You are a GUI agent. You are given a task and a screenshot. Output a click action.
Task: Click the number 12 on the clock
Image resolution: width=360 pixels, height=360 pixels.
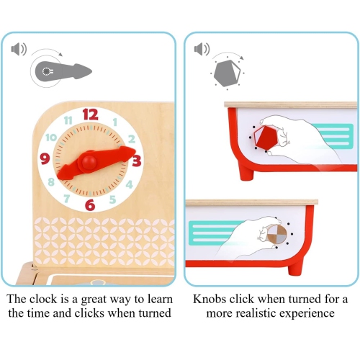91,114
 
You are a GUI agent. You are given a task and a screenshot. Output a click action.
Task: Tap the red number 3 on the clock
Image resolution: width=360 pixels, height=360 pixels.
137,161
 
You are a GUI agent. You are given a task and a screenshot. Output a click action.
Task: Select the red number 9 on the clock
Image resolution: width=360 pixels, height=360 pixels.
45,158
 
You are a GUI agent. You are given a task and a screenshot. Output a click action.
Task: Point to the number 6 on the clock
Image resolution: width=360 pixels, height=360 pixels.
90,205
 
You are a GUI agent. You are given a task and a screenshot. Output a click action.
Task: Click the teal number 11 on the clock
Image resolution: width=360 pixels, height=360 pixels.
68,120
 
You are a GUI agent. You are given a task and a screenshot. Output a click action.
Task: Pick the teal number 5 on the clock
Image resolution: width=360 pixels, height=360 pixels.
112,199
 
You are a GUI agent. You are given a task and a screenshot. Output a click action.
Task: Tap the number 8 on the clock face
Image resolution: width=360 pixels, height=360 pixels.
51,181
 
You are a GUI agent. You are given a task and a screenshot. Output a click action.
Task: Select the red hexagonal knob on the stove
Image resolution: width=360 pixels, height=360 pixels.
266,137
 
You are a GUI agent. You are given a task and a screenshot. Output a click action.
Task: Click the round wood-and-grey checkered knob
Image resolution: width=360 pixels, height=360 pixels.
277,233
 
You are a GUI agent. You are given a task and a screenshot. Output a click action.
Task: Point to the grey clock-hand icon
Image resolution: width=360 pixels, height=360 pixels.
63,71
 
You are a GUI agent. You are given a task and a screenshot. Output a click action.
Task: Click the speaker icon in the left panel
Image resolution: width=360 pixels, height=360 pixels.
19,49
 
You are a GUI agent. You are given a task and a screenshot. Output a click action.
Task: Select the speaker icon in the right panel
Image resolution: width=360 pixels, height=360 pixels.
202,49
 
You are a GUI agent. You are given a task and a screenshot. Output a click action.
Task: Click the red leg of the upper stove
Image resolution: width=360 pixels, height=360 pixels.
247,171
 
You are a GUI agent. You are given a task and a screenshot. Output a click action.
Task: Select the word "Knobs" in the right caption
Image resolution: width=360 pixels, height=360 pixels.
210,299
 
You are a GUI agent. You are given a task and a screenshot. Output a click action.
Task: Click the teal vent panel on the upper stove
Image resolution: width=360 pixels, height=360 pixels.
333,136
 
